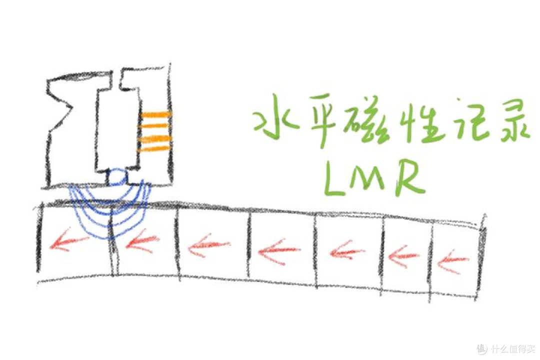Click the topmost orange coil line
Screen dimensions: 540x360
click(x=155, y=114)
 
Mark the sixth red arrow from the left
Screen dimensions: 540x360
click(x=403, y=256)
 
